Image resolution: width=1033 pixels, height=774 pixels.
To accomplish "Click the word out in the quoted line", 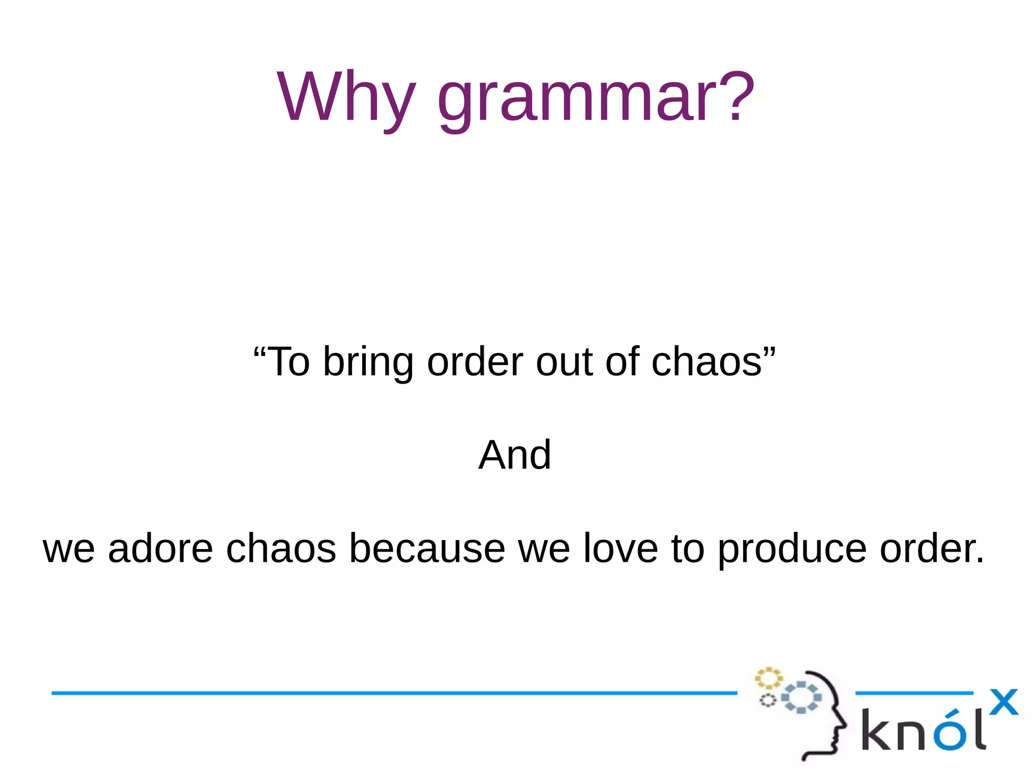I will click(564, 362).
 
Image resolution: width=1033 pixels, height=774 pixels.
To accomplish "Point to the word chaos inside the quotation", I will click(706, 362).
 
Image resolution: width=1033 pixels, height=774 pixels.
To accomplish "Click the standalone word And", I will click(514, 455).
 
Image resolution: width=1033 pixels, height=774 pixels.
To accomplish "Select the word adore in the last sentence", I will click(160, 549).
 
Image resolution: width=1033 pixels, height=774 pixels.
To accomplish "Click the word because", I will click(427, 549).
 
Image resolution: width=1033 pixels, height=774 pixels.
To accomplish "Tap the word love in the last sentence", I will click(620, 549).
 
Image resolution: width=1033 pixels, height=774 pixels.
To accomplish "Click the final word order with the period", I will click(931, 549).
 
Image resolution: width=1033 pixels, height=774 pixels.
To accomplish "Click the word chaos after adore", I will click(281, 549).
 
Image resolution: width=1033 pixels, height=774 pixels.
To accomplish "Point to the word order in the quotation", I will click(475, 362).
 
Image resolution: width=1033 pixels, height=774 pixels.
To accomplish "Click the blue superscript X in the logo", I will click(1003, 702).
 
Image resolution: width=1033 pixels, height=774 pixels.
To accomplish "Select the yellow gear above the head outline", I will click(768, 678).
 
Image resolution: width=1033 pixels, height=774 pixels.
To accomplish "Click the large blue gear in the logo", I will click(801, 697).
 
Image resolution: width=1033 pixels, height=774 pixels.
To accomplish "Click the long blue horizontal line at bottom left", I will click(393, 693).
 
